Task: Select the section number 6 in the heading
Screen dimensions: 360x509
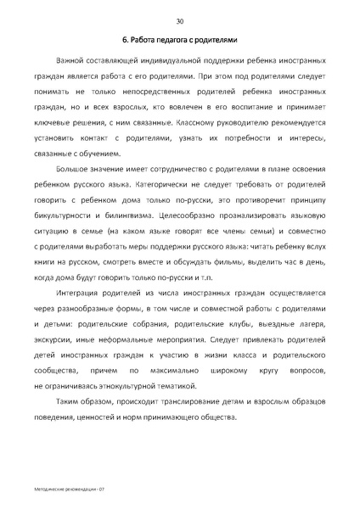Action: pos(124,41)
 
